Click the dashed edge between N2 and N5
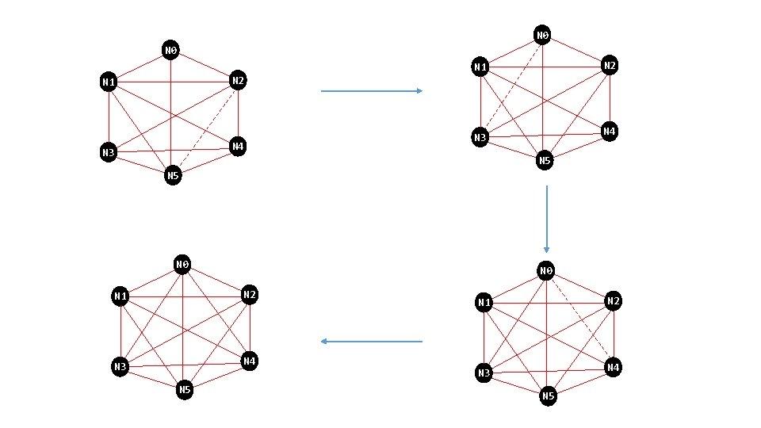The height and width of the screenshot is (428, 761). coord(205,128)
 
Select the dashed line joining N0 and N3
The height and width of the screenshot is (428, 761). coord(511,86)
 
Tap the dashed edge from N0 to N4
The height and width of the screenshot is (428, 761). coord(579,319)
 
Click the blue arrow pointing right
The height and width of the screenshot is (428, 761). coord(371,91)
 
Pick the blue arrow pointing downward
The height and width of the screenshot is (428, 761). coord(546,219)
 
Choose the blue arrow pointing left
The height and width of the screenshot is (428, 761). coord(371,342)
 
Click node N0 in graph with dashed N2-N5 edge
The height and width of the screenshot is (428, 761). coord(170,51)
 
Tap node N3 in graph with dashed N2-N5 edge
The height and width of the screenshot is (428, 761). coord(108,152)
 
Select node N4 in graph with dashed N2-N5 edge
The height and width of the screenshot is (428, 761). coord(237,147)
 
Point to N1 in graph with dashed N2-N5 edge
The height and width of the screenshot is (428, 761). coord(109,82)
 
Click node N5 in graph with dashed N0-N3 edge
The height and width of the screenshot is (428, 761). coord(544,161)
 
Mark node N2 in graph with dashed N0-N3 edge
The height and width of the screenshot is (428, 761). coord(609,66)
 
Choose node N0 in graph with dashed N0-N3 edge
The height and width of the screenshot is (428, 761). coord(542,35)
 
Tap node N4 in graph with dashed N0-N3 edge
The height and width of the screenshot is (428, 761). coord(609,131)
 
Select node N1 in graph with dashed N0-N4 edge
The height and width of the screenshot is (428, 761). coord(484,302)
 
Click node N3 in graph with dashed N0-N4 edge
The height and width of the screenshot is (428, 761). coord(484,373)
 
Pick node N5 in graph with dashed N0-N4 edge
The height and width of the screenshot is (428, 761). coord(548,396)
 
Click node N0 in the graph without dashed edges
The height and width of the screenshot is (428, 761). coord(182,264)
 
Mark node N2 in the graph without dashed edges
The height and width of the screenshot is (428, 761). coord(249,296)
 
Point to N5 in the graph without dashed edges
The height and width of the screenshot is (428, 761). coord(184,390)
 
